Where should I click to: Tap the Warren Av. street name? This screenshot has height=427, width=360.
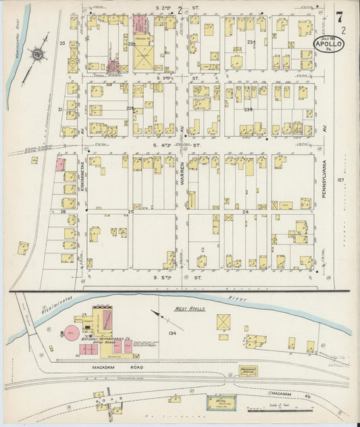[x=181, y=176]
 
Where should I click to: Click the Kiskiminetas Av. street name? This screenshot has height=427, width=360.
[x=81, y=172]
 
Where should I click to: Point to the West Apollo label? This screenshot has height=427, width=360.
[x=191, y=309]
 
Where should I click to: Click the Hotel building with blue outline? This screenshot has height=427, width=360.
[x=221, y=401]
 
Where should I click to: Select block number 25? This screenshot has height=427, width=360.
[x=131, y=211]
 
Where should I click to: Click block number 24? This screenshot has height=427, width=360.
[x=246, y=211]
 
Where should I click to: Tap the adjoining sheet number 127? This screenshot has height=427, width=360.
[x=341, y=180]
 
